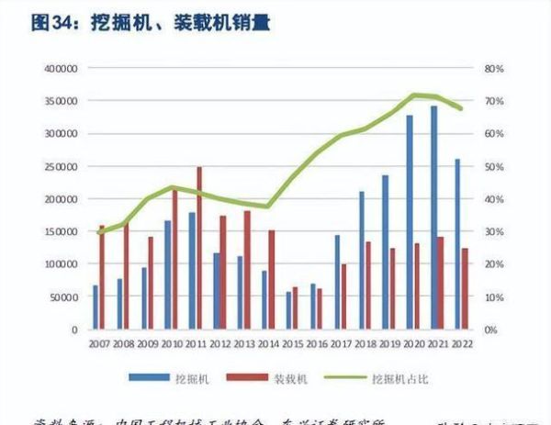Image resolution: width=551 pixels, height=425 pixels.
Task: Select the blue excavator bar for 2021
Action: [433, 218]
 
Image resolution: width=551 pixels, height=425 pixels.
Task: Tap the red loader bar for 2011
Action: [199, 248]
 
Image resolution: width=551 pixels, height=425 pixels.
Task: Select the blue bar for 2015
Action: [287, 310]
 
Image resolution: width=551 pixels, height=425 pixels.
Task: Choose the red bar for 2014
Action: [271, 279]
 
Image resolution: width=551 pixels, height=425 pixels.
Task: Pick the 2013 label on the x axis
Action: [243, 343]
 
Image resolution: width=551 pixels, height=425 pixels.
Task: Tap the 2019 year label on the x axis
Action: [390, 343]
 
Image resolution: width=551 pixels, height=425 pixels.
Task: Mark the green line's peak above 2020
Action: [415, 95]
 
